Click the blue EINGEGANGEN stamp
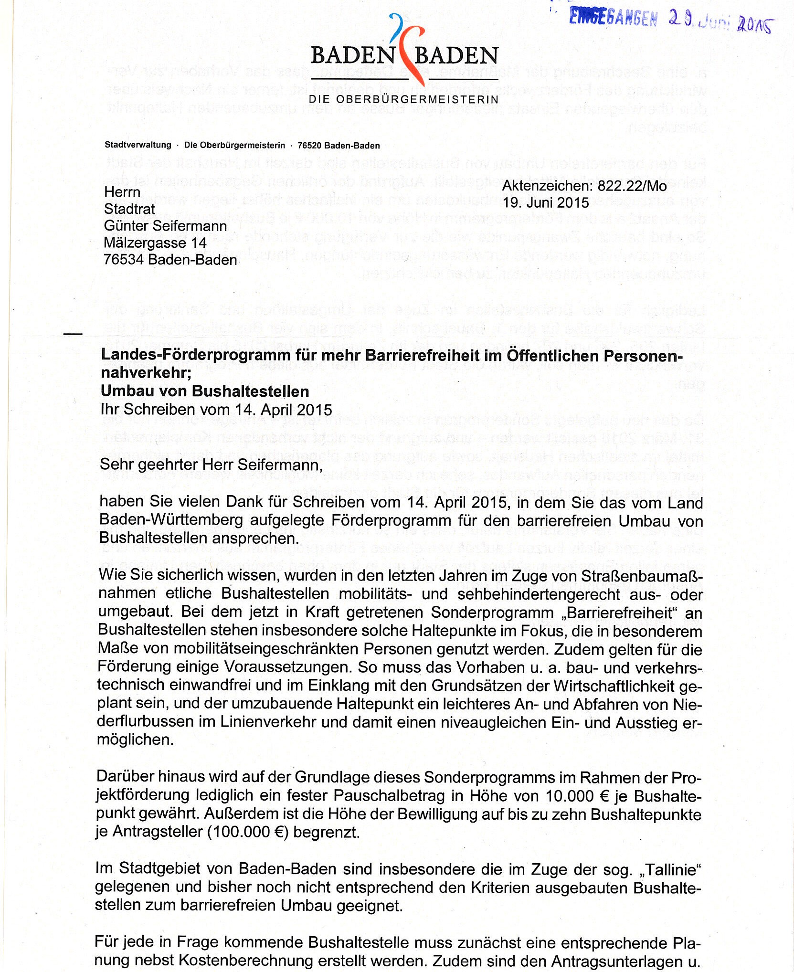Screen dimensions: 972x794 coord(613,18)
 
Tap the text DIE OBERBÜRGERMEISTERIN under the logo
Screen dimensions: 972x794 coord(403,99)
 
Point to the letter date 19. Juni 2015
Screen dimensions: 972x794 coord(546,202)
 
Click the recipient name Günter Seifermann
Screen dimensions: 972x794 coord(165,226)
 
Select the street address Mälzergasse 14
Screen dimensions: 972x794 coord(155,243)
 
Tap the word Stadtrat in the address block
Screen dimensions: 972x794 coord(129,209)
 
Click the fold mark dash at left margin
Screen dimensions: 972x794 coord(73,333)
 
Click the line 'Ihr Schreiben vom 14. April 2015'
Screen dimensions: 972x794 coord(216,410)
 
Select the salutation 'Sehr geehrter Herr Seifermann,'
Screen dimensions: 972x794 coord(211,465)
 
